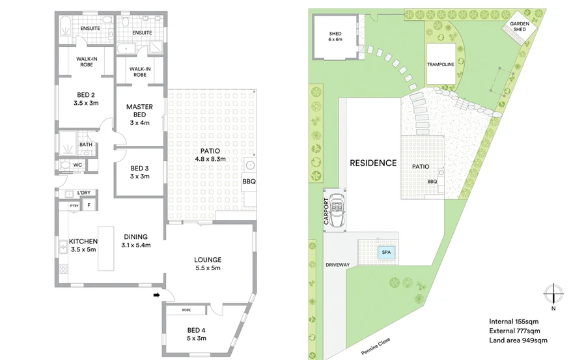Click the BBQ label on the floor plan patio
point(248,182)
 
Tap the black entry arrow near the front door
point(156,296)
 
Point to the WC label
point(77,165)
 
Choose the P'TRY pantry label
point(74,206)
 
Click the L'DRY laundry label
point(83,193)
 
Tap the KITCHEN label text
point(83,241)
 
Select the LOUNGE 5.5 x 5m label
point(208,263)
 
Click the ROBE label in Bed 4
point(186,311)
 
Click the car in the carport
point(337,210)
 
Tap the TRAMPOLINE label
point(440,64)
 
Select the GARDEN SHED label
point(519,25)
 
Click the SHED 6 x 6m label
point(335,36)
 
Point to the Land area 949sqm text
point(518,340)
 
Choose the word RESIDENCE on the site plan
point(372,163)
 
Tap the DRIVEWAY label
point(338,265)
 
